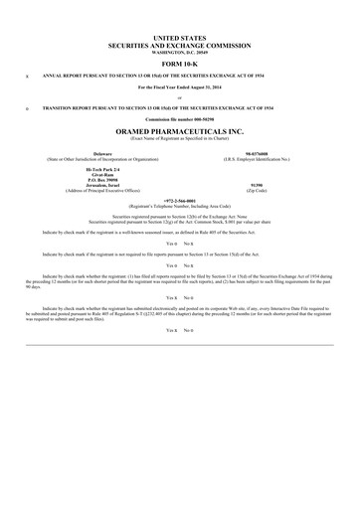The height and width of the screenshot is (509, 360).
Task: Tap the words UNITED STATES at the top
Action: coord(180,35)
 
